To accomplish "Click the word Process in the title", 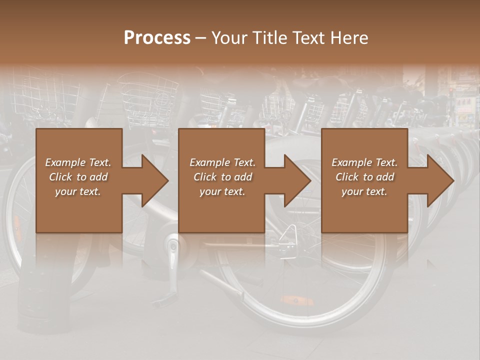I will click(157, 38).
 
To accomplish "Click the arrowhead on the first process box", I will click(152, 180).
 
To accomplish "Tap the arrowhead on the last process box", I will click(438, 180).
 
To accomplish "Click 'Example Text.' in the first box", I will click(78, 162).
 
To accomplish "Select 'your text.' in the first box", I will click(78, 191).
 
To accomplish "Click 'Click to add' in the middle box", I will click(222, 177).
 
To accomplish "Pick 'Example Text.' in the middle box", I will click(222, 162).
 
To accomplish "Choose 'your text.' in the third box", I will click(364, 191).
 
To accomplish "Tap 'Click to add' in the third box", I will click(364, 177).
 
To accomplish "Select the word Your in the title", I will click(228, 38).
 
